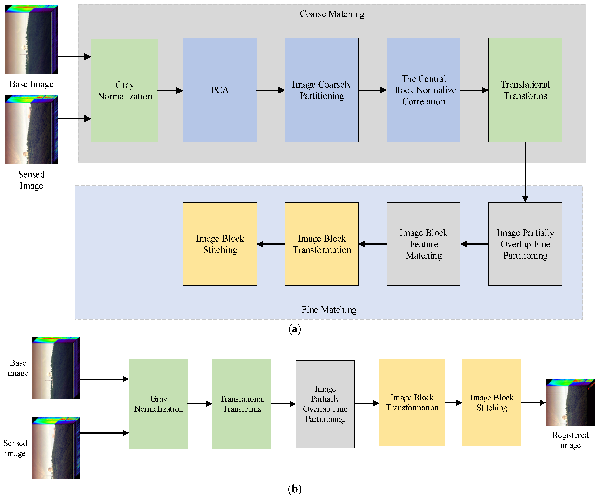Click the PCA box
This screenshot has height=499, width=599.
pos(220,90)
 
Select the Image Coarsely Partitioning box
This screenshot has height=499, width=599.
pos(321,90)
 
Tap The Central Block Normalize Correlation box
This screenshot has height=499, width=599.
pos(423,90)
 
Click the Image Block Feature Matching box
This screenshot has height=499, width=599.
pos(423,244)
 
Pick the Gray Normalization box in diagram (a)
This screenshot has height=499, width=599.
pos(125,91)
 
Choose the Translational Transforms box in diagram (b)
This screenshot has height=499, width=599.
pos(242,404)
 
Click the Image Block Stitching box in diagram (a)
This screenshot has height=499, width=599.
pos(220,244)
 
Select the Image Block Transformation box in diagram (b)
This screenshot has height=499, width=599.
pos(412,402)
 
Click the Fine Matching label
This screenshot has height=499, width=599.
pos(329,310)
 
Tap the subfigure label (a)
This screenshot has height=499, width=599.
pos(295,329)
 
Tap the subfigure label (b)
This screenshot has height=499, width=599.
pos(295,489)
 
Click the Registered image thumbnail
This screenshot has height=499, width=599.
pos(570,402)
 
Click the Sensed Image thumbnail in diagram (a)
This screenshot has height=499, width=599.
pos(31,130)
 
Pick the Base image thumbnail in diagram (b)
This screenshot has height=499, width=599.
pos(55,368)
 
